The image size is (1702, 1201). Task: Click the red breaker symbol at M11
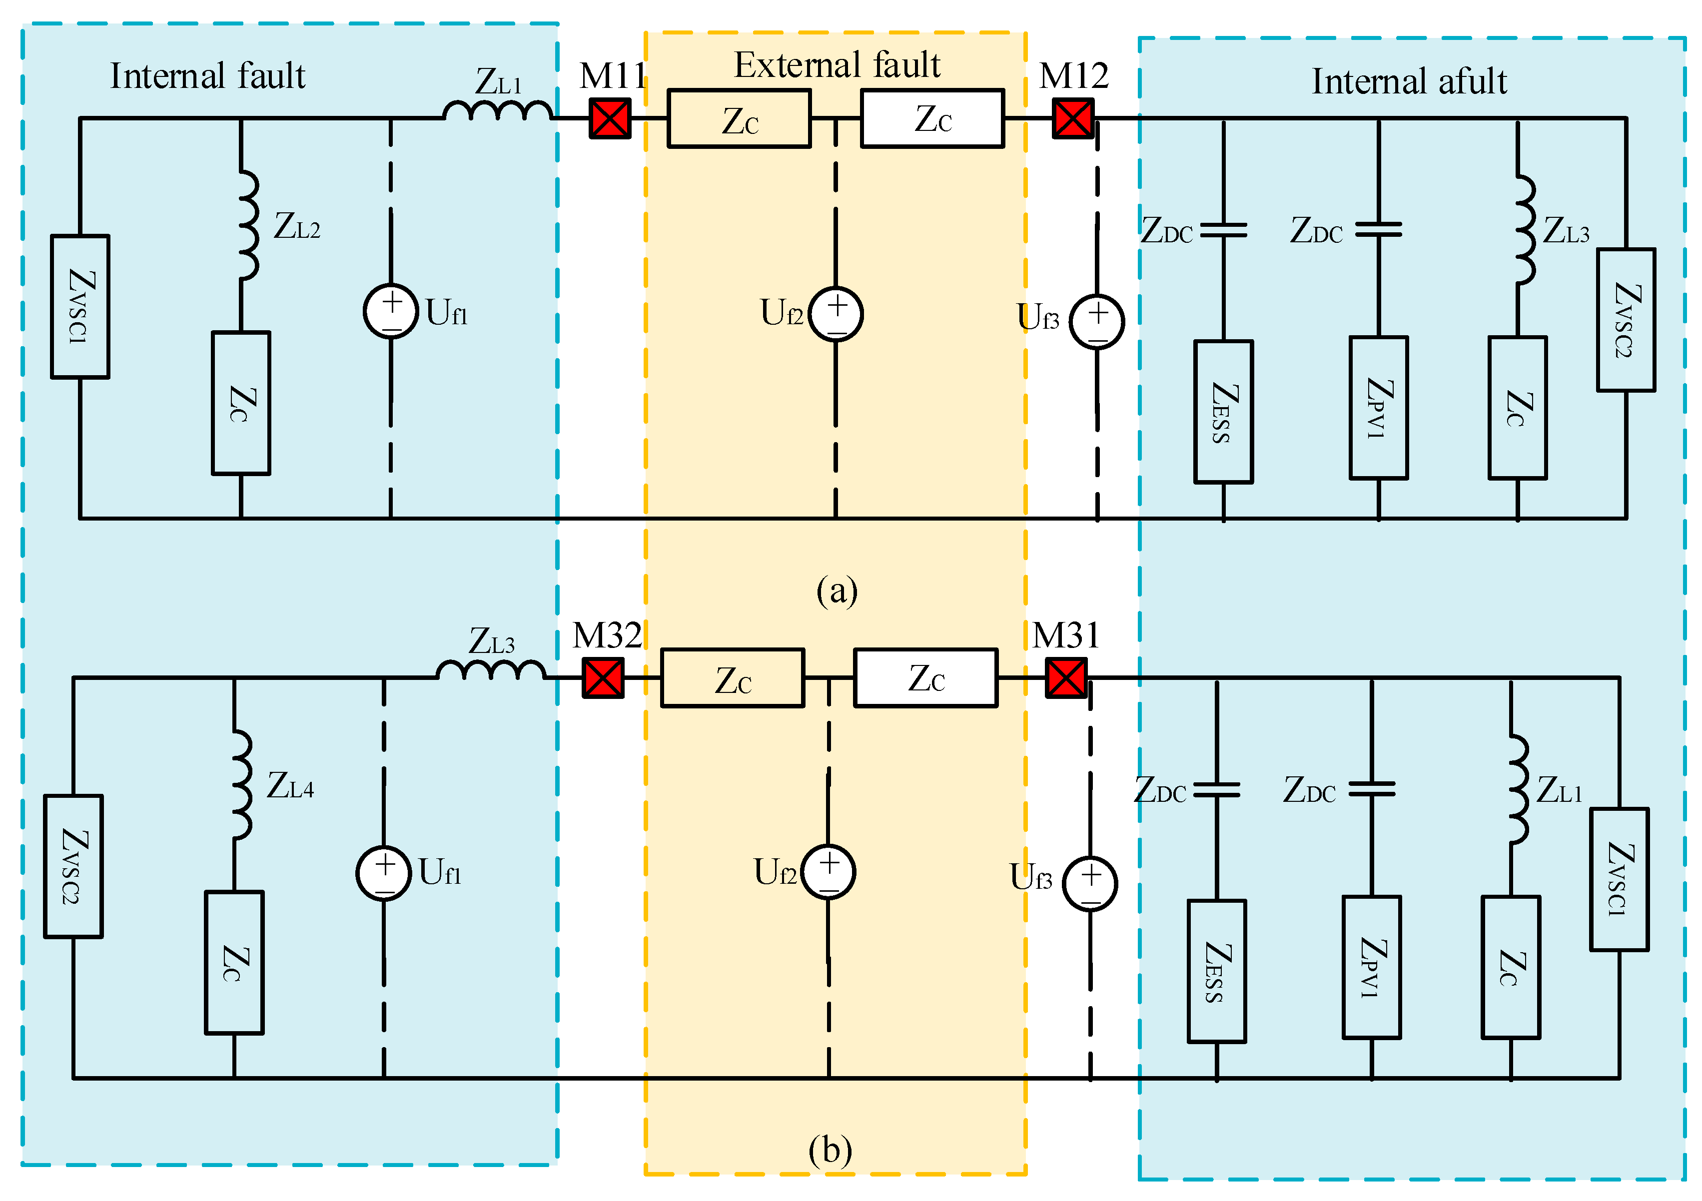pos(609,118)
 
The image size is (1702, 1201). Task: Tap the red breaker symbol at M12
pos(1073,118)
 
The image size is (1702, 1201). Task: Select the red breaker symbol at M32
pos(603,678)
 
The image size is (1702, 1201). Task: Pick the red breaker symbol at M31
pos(1066,678)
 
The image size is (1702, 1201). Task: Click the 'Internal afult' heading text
pos(1409,81)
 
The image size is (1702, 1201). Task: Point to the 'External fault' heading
pos(837,65)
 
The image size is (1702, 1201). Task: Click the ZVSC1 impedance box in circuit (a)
pos(80,307)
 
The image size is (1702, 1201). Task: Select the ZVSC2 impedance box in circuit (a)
pos(1626,320)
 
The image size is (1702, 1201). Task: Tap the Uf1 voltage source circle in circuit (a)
pos(391,311)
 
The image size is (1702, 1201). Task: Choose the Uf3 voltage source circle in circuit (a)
pos(1097,322)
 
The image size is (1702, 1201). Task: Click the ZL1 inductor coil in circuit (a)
pos(497,111)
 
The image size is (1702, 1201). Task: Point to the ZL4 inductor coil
pos(242,784)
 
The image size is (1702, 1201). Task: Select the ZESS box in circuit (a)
pos(1223,412)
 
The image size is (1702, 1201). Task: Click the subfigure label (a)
pos(837,591)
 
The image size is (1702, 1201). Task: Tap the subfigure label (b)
pos(830,1151)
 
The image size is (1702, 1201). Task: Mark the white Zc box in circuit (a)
pos(932,118)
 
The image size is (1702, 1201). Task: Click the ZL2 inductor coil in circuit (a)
pos(248,224)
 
